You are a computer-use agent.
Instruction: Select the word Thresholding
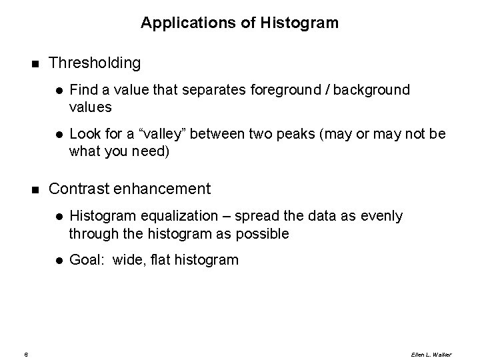(x=95, y=63)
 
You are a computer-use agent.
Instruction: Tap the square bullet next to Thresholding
(x=35, y=64)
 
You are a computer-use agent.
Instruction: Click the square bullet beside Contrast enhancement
(x=35, y=190)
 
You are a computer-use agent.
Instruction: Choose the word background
(x=374, y=90)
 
